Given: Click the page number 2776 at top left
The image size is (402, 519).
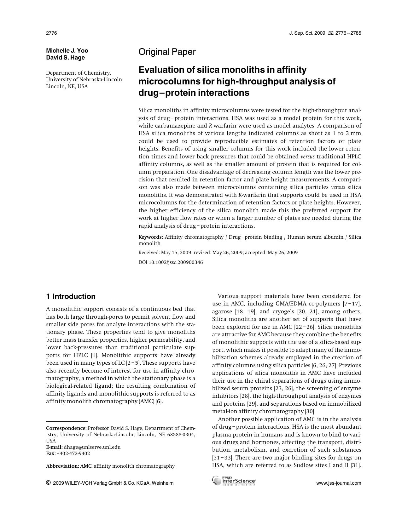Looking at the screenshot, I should (51, 33).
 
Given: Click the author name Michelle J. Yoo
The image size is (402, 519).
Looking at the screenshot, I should (67, 51).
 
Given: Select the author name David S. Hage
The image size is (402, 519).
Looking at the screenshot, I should (65, 58).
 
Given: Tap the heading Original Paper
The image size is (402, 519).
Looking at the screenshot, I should (167, 52).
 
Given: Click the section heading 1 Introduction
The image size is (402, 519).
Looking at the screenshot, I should (71, 297).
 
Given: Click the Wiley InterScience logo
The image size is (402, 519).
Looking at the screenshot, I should (234, 481).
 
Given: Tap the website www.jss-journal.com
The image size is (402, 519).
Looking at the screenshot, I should (339, 483).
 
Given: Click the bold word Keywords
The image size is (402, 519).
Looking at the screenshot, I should (150, 237).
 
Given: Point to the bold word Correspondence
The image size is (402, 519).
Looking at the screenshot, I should (66, 428).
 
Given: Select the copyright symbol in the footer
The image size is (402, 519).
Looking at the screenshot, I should (48, 483).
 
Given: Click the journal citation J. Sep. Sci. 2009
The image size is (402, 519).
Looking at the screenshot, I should (308, 33).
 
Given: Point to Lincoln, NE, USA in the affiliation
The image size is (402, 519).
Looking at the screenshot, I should (67, 86).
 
